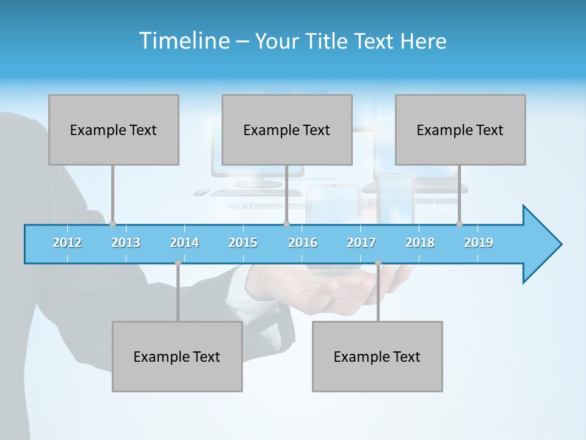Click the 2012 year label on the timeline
coord(67,243)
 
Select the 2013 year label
coord(126,243)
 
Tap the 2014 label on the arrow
coord(184,243)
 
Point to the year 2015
coord(243,243)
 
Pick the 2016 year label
coord(303,243)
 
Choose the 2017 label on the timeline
coord(361,243)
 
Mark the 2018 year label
coord(420,243)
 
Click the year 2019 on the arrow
coord(479,243)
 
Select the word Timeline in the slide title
coord(183,41)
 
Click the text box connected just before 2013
coord(114,130)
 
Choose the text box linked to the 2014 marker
coord(177,356)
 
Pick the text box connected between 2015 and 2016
coord(287,130)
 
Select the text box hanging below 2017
coord(377,356)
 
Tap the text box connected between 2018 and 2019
coord(460,130)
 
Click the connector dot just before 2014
coord(178,263)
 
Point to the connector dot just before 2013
coord(112,224)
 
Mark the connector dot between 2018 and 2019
coord(459,224)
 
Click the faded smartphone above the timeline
coord(395,199)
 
